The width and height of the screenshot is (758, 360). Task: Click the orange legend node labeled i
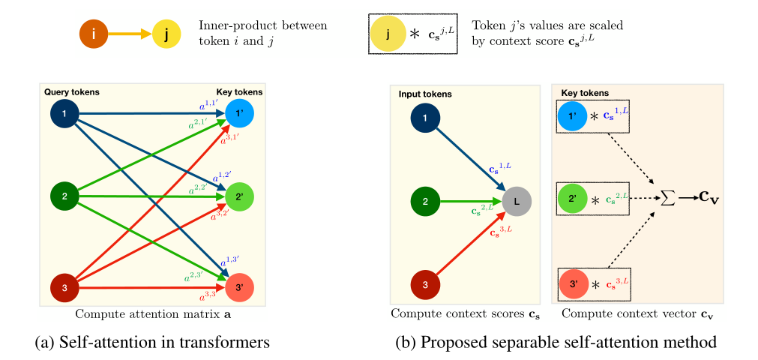click(x=94, y=34)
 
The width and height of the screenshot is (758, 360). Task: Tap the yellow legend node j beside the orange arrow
click(x=166, y=34)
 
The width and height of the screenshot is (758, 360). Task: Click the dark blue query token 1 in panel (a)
click(x=64, y=114)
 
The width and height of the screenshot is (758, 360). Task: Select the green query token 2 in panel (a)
click(x=64, y=197)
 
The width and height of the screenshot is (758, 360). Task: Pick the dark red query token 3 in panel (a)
click(x=64, y=287)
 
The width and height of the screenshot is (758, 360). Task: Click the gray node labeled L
click(x=517, y=200)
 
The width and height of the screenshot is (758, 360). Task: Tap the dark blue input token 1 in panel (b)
click(x=426, y=117)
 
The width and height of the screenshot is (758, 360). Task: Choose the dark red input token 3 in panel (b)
click(x=426, y=285)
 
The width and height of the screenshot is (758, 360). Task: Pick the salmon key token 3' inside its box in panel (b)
click(x=574, y=285)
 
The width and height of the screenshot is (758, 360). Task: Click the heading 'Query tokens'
click(x=72, y=92)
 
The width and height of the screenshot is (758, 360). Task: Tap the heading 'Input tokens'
click(x=424, y=96)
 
